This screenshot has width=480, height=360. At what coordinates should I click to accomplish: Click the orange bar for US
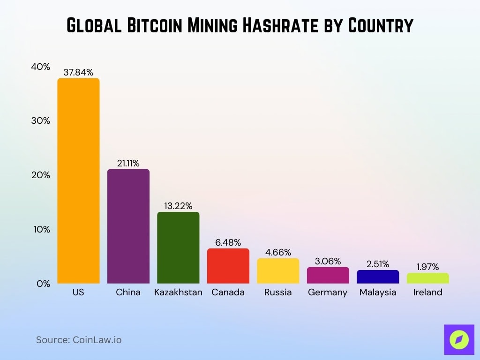click(78, 180)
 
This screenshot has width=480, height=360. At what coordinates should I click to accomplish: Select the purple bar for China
click(128, 226)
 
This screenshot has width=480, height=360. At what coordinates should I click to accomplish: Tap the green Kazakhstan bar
click(178, 247)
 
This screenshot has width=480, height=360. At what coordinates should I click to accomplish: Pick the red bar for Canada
click(228, 266)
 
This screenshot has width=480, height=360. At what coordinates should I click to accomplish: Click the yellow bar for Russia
click(278, 271)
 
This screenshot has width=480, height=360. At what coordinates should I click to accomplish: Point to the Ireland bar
click(427, 278)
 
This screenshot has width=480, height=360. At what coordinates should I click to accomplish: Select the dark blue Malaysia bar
click(378, 277)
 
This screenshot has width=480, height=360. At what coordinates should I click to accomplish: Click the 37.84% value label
click(78, 72)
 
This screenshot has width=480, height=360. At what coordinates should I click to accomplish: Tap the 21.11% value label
click(128, 163)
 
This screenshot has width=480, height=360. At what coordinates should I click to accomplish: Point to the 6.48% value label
click(228, 242)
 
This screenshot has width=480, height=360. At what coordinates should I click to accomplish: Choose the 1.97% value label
click(427, 267)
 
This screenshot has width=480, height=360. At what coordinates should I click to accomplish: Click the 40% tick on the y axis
click(40, 67)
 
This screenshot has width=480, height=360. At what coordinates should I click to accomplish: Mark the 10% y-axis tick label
click(40, 229)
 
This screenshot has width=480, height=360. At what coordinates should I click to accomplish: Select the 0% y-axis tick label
click(43, 284)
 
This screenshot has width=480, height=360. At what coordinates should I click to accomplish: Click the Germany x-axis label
click(328, 292)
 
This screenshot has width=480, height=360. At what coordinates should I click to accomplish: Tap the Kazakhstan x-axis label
click(178, 292)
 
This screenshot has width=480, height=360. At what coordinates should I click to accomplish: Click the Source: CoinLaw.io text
click(79, 340)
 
